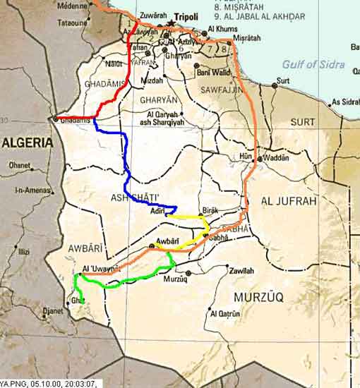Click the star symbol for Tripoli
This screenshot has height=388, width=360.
pos(171,23)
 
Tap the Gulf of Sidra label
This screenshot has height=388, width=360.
pos(313,64)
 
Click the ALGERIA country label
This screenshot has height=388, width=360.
pos(27,143)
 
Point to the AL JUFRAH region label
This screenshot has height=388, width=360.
pos(286,202)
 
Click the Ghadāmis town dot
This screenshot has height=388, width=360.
pos(55,119)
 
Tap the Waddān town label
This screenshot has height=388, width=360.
pos(279,159)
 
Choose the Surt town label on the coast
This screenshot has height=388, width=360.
pos(282,80)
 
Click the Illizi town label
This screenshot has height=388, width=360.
pos(23,251)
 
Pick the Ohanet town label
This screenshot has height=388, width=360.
pos(19,166)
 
